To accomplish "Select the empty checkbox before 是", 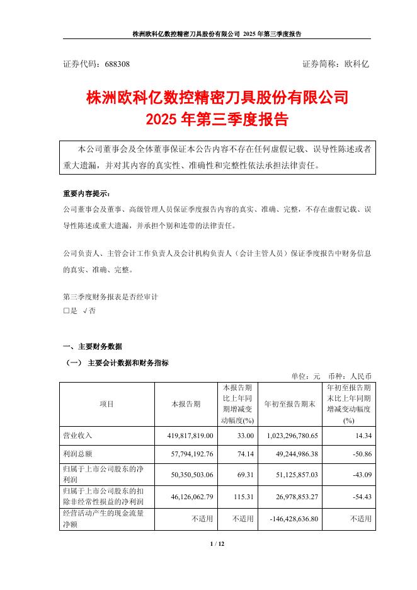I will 67,311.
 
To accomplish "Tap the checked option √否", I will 88,311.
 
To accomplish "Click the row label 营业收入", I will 77,436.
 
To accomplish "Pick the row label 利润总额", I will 77,453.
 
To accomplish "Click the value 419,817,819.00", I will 189,436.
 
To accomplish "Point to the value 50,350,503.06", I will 189,472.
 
